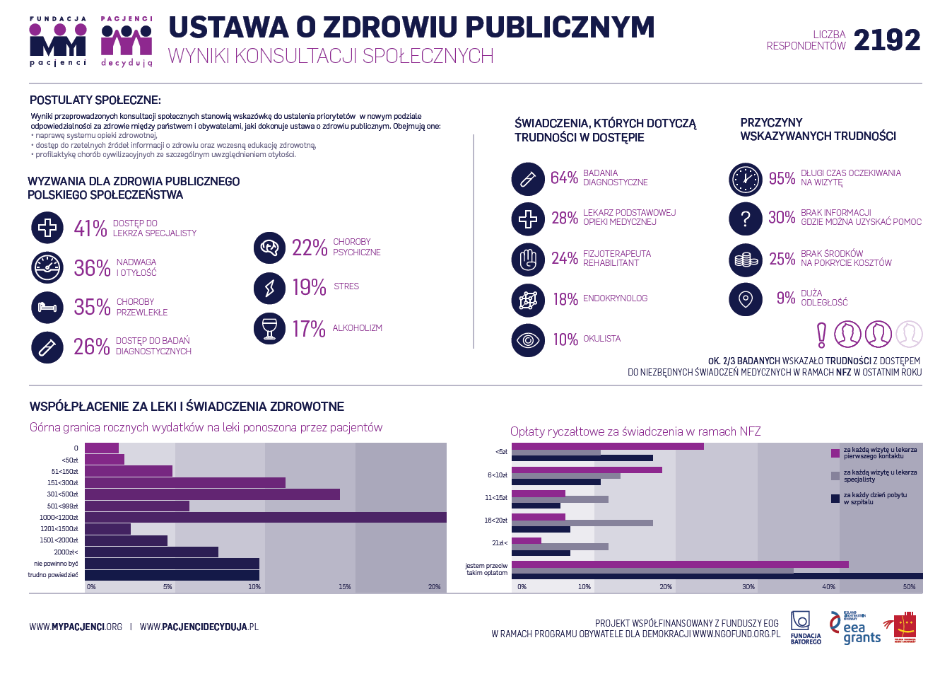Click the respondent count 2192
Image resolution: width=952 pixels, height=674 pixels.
tap(887, 40)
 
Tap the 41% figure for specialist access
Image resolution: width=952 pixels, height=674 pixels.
tap(90, 228)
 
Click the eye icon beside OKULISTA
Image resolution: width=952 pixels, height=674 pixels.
tap(528, 340)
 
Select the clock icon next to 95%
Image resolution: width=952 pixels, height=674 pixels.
tap(746, 179)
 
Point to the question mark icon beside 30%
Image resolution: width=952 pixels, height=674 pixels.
tap(746, 219)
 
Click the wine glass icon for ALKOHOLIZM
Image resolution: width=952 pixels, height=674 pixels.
tap(270, 329)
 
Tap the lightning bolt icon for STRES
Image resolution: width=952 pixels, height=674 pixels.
tap(270, 288)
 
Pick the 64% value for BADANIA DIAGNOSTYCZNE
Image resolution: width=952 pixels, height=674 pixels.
tap(564, 178)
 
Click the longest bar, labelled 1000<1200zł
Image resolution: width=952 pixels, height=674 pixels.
tap(265, 518)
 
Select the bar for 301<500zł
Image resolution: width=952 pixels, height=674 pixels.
tap(212, 494)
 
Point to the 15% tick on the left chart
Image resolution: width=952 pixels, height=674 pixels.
tap(345, 587)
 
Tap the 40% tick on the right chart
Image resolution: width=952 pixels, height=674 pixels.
tap(829, 587)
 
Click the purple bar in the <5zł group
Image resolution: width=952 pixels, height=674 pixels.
tap(607, 446)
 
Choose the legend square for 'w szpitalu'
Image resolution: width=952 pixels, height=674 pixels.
tap(835, 499)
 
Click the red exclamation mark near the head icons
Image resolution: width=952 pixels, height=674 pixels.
tap(821, 335)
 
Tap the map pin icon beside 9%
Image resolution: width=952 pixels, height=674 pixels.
tap(746, 299)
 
